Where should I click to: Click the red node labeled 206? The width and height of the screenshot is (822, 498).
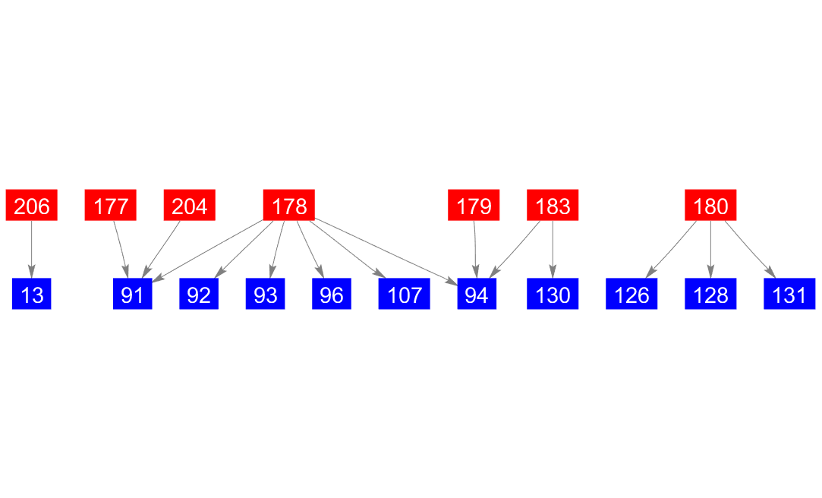(x=32, y=205)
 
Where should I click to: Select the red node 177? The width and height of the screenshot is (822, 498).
(x=111, y=205)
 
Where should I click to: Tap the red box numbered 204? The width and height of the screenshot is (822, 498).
(x=190, y=205)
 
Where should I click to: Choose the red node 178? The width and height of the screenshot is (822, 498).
(x=289, y=205)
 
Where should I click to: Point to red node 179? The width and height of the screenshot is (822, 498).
(x=474, y=205)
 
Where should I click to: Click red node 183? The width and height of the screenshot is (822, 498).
(x=553, y=205)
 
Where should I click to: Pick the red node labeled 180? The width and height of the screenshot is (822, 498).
(x=710, y=205)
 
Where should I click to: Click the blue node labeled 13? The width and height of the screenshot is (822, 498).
(x=32, y=294)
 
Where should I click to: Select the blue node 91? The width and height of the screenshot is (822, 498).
(x=132, y=294)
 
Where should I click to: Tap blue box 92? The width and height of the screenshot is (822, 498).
(x=199, y=294)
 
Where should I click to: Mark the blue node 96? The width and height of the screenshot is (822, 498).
(x=332, y=294)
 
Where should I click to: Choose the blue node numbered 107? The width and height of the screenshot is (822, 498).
(x=404, y=294)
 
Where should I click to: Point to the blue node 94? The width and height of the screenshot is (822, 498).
(x=477, y=294)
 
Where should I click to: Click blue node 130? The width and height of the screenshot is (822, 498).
(x=553, y=294)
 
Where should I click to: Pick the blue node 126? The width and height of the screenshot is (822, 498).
(x=631, y=294)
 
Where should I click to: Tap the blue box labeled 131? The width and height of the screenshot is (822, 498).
(x=789, y=294)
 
